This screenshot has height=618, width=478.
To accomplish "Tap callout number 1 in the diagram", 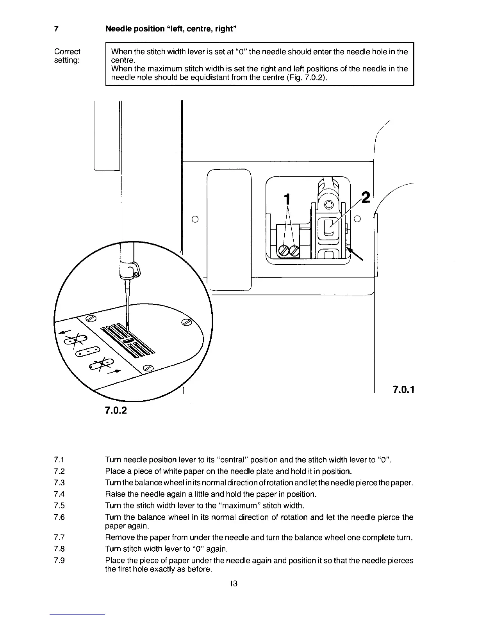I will point(287,199).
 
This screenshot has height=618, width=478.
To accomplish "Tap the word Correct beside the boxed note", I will point(67,51).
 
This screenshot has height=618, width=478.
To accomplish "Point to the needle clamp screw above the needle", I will point(136,275).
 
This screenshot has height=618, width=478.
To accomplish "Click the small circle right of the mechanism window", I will point(357,219).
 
